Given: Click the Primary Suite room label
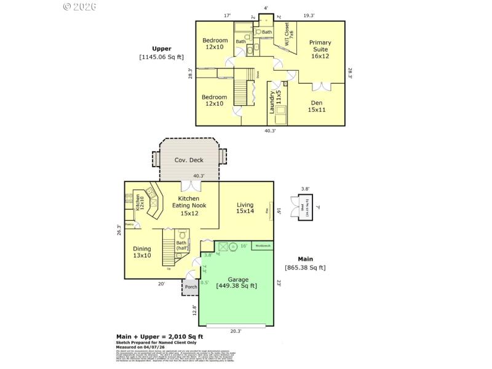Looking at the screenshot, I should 320,47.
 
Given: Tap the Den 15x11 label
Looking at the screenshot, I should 317,106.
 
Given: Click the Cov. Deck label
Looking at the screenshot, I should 189,160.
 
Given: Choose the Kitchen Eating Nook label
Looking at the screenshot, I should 188,205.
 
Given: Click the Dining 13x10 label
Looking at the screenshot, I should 142,252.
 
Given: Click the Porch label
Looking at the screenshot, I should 191,287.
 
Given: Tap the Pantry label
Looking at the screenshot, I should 130,224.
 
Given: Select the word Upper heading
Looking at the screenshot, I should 162,49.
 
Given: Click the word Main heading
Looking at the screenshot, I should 305,259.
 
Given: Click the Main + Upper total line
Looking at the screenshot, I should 160,336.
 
